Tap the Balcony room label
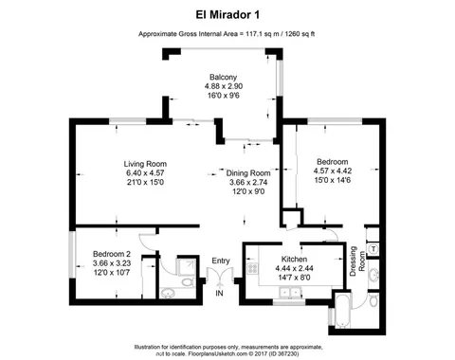pyautogui.click(x=223, y=76)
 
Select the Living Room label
pyautogui.click(x=145, y=163)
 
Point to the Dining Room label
pyautogui.click(x=248, y=173)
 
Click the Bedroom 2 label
pyautogui.click(x=111, y=255)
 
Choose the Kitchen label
pyautogui.click(x=291, y=258)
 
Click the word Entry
pyautogui.click(x=221, y=261)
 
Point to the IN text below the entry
pyautogui.click(x=219, y=295)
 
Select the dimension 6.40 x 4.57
pyautogui.click(x=145, y=172)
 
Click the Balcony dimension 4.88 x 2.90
pyautogui.click(x=223, y=85)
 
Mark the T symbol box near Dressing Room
pyautogui.click(x=374, y=248)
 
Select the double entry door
pyautogui.click(x=219, y=279)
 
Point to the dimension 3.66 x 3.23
pyautogui.click(x=111, y=264)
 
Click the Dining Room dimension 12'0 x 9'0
pyautogui.click(x=248, y=192)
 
